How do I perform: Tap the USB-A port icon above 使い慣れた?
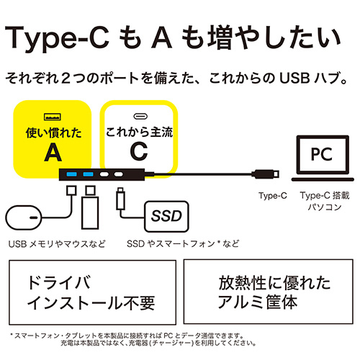click(x=51, y=117)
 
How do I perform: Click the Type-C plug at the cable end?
click(x=266, y=174)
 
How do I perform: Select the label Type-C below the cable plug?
click(x=271, y=195)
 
